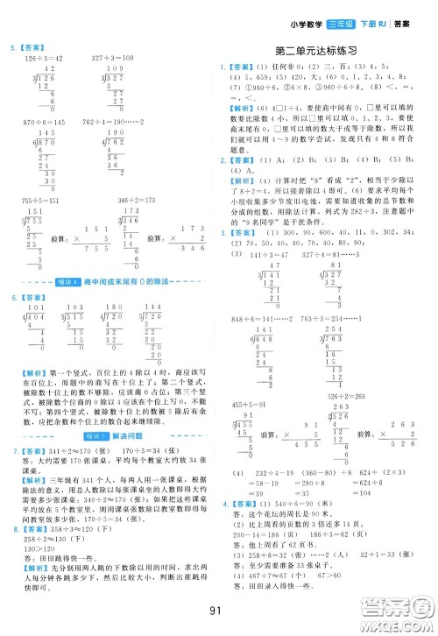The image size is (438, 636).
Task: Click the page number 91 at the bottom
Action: [x=219, y=610]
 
